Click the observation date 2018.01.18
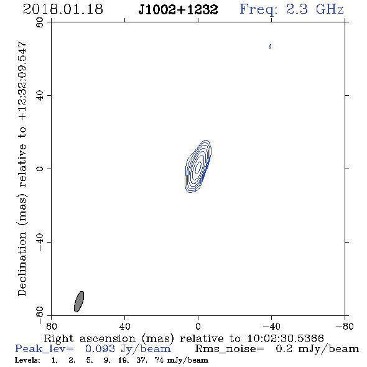tap(63, 9)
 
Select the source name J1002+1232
tap(178, 9)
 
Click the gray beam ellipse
tap(79, 302)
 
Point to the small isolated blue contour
tap(270, 47)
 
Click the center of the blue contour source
tap(198, 167)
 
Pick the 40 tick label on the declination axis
tap(40, 96)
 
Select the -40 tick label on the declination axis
tap(40, 242)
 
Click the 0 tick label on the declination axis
tap(40, 169)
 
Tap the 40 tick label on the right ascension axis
tap(124, 327)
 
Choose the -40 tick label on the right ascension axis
tap(271, 327)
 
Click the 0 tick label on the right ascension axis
tap(198, 327)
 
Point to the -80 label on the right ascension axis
tap(345, 327)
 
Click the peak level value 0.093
tap(100, 349)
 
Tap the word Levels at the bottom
tap(27, 360)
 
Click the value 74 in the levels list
tap(159, 360)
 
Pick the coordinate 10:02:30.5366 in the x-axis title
tap(286, 338)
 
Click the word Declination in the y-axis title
tap(22, 264)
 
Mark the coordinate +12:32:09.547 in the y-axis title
tap(22, 81)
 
